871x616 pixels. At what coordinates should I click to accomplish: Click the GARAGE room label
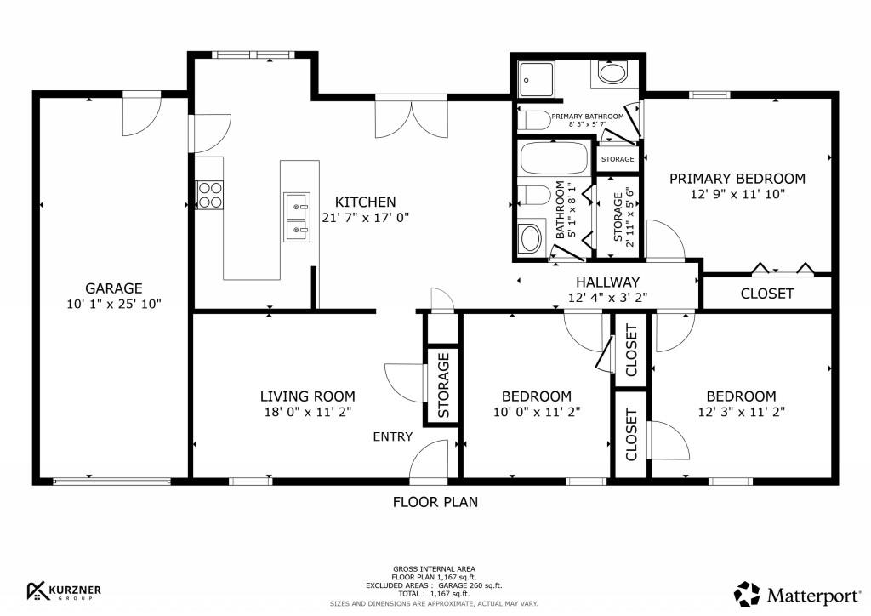pos(113,288)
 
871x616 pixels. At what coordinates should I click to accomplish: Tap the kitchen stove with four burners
pos(209,195)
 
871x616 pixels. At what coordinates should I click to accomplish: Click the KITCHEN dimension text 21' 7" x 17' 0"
pos(366,217)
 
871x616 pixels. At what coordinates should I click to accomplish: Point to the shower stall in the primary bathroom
pos(533,78)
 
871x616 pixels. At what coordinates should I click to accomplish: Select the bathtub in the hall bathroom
pos(553,158)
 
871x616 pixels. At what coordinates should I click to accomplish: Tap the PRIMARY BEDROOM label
pos(737,179)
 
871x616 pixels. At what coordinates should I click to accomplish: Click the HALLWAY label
pos(607,282)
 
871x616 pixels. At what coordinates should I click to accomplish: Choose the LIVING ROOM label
pos(307,396)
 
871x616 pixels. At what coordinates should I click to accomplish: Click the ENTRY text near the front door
pos(392,437)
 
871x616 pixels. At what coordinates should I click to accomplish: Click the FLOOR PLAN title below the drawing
pos(435,502)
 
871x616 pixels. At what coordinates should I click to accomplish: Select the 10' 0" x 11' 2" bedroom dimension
pos(536,412)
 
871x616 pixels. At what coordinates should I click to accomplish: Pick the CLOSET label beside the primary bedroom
pos(766,294)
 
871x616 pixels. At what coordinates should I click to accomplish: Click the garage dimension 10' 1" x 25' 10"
pos(113,304)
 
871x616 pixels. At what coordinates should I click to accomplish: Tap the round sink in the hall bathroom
pos(532,237)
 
